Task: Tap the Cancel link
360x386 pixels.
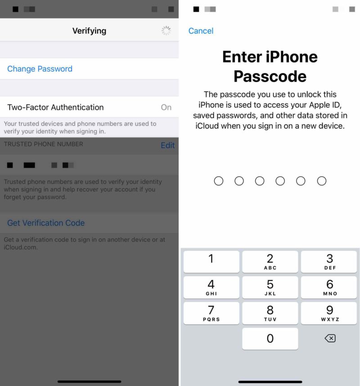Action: tap(201, 31)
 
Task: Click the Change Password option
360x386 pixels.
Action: tap(40, 69)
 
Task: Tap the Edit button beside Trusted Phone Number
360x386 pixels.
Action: tap(167, 145)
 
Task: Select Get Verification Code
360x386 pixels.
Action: tap(46, 223)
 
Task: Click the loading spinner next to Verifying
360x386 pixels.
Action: tap(166, 31)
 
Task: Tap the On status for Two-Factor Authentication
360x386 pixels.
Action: tap(166, 107)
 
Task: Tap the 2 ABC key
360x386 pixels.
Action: tap(270, 262)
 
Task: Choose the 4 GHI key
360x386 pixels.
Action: tap(211, 287)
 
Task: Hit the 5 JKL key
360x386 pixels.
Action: tap(270, 287)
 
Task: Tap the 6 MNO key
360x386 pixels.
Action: tap(329, 287)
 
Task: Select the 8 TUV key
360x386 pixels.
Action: tap(270, 313)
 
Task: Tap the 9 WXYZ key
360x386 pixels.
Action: tap(329, 313)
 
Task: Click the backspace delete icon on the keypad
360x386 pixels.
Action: tap(330, 338)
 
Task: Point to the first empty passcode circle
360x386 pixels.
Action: tap(219, 181)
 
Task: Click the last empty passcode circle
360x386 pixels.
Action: tap(321, 181)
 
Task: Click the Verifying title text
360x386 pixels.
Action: tap(89, 31)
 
